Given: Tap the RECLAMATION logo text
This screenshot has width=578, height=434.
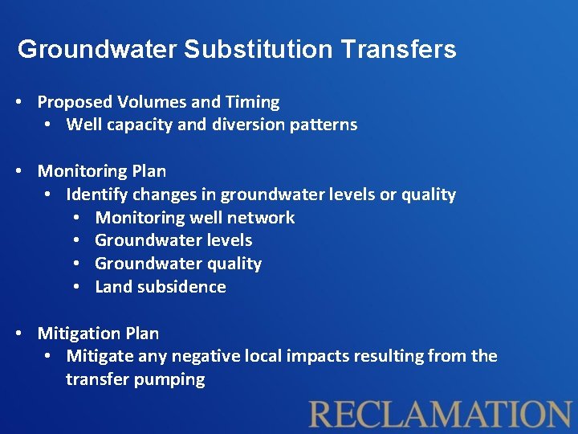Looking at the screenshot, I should (441, 413).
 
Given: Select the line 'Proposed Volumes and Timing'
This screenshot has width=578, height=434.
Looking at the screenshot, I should (158, 102).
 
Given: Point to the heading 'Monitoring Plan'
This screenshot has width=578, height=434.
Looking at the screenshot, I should (102, 171).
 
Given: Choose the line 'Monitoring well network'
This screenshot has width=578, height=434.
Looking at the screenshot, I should (194, 218).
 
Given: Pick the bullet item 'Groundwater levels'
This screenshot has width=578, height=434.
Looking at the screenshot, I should (173, 240).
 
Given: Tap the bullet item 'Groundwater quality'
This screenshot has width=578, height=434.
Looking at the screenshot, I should (178, 264).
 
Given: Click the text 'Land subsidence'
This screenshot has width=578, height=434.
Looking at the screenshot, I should (161, 287).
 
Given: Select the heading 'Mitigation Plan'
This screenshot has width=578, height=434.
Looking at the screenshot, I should (98, 334).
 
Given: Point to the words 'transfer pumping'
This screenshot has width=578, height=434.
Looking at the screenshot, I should (135, 379).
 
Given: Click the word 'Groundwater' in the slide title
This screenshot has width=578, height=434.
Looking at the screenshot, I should (97, 50).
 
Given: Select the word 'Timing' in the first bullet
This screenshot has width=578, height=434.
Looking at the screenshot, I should (253, 102).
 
